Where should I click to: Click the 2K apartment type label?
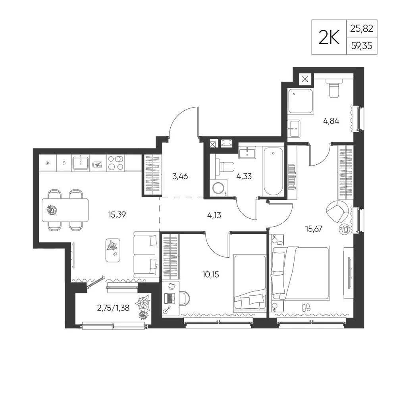pos(329,37)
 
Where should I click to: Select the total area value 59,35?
pos(362,46)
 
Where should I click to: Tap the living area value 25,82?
pos(362,29)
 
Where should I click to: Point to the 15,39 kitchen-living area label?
pos(117,215)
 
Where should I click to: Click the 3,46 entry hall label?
pos(180,176)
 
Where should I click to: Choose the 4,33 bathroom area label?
pos(244,176)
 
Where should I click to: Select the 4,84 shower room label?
pos(331,121)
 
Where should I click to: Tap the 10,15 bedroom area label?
pos(211,274)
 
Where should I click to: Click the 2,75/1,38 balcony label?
pos(113,308)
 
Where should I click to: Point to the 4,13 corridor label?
pos(214,216)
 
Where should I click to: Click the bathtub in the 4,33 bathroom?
pos(273,172)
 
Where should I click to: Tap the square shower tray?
pos(301,101)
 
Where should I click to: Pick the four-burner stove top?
pos(116,163)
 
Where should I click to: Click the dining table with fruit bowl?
pos(66,210)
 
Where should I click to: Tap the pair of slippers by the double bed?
pos(306,308)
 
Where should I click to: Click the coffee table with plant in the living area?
pos(113,250)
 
